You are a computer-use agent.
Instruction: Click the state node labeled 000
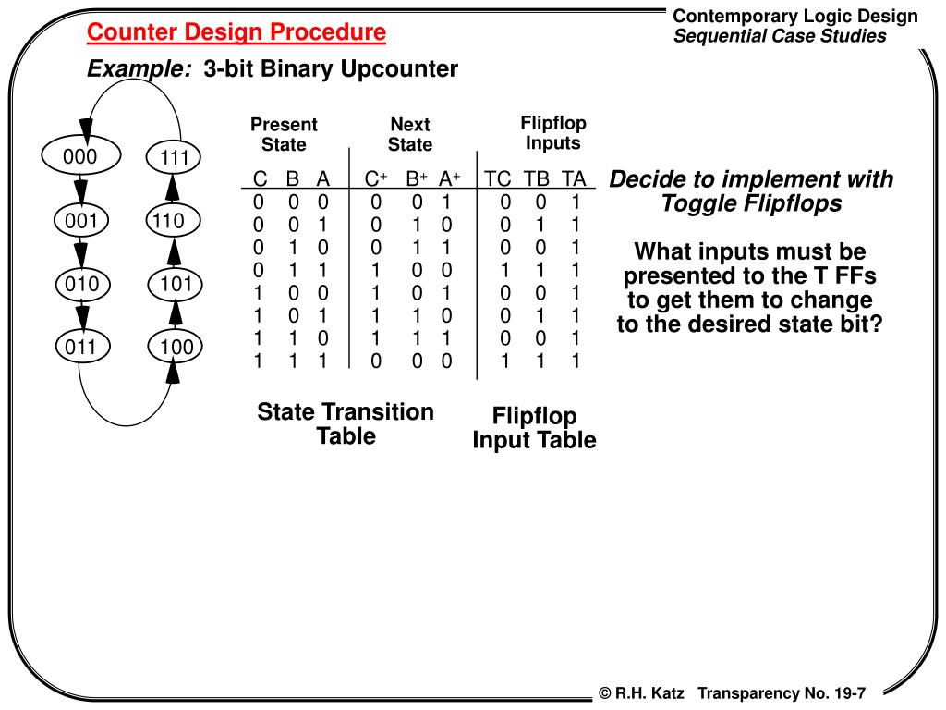81,155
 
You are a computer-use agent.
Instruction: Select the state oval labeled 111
174,157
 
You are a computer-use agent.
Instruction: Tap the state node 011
81,347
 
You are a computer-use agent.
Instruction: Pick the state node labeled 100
175,346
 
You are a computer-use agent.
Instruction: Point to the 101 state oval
175,284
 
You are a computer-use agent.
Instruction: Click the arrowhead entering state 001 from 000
81,191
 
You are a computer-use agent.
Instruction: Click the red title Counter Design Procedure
236,31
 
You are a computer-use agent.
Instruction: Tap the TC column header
498,178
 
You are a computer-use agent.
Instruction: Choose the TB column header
536,178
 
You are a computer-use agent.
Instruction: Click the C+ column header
376,178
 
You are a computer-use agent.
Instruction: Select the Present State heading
284,134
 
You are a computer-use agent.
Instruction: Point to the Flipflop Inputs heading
553,133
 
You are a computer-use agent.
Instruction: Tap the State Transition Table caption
346,423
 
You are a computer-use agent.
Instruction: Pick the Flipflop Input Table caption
535,427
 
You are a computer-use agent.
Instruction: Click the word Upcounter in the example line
399,68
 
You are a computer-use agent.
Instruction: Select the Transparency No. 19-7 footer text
782,693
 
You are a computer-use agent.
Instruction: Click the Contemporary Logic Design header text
795,16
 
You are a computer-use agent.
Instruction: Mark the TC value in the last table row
505,361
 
